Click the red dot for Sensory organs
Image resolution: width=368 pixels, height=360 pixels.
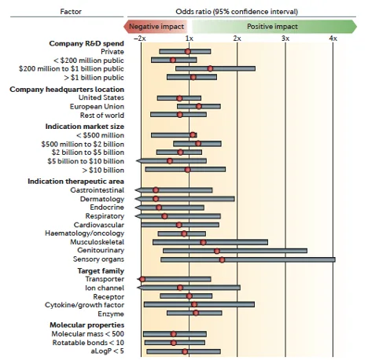point(222,259)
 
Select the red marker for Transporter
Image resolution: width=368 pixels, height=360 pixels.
point(142,279)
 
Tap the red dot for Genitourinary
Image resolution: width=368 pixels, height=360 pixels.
point(217,251)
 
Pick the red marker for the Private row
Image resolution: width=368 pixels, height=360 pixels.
point(188,51)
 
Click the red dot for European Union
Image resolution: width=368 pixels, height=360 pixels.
point(199,106)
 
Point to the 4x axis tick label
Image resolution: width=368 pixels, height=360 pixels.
point(333,39)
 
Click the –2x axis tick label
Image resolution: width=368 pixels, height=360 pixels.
point(140,39)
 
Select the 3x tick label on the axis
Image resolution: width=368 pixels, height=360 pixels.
point(285,39)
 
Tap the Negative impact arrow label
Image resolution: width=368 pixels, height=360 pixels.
point(156,27)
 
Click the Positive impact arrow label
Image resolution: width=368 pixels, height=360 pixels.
point(272,27)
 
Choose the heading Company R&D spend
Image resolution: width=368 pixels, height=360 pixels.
point(86,43)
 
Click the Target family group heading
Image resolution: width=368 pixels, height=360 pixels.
point(101,270)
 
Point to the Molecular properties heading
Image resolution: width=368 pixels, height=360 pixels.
point(87,325)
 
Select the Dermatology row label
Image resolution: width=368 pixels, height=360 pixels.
point(102,199)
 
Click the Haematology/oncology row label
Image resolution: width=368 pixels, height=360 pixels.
point(84,233)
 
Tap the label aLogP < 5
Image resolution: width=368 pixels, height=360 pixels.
point(107,351)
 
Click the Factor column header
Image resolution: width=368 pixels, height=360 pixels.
point(71,12)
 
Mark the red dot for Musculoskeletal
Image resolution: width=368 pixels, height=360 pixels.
point(203,242)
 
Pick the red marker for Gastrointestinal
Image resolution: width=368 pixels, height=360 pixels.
point(156,190)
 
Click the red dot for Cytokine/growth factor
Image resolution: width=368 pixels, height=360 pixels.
point(194,304)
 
